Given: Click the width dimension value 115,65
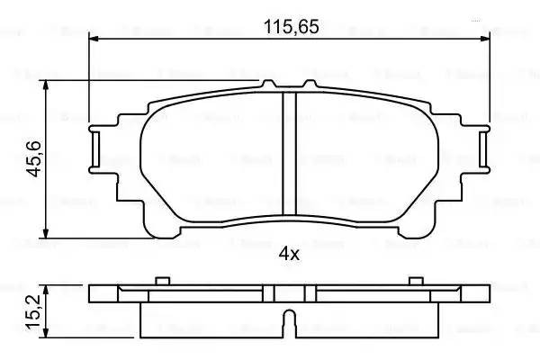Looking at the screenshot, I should (x=291, y=27).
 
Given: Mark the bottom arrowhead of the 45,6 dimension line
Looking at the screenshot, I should (x=46, y=231).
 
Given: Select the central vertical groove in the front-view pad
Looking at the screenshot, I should (x=290, y=153).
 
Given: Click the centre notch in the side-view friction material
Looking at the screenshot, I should (x=290, y=320).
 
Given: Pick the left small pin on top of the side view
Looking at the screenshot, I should (x=162, y=281).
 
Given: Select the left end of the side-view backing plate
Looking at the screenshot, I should (x=99, y=294).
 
